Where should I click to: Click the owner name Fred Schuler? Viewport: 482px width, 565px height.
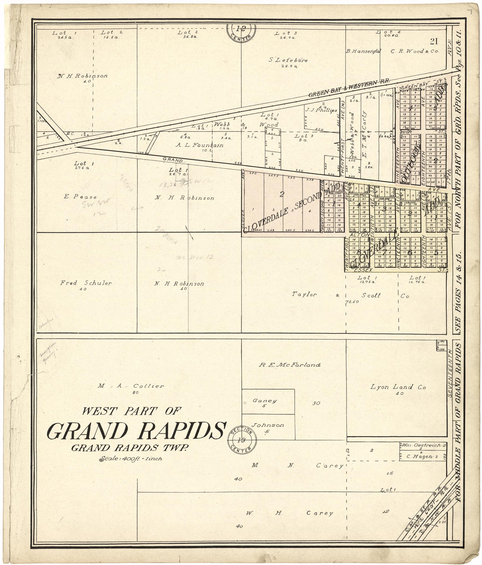click(x=86, y=283)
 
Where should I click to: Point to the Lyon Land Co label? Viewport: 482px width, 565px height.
click(x=398, y=387)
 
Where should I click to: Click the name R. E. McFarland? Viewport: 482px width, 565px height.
click(x=290, y=365)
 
